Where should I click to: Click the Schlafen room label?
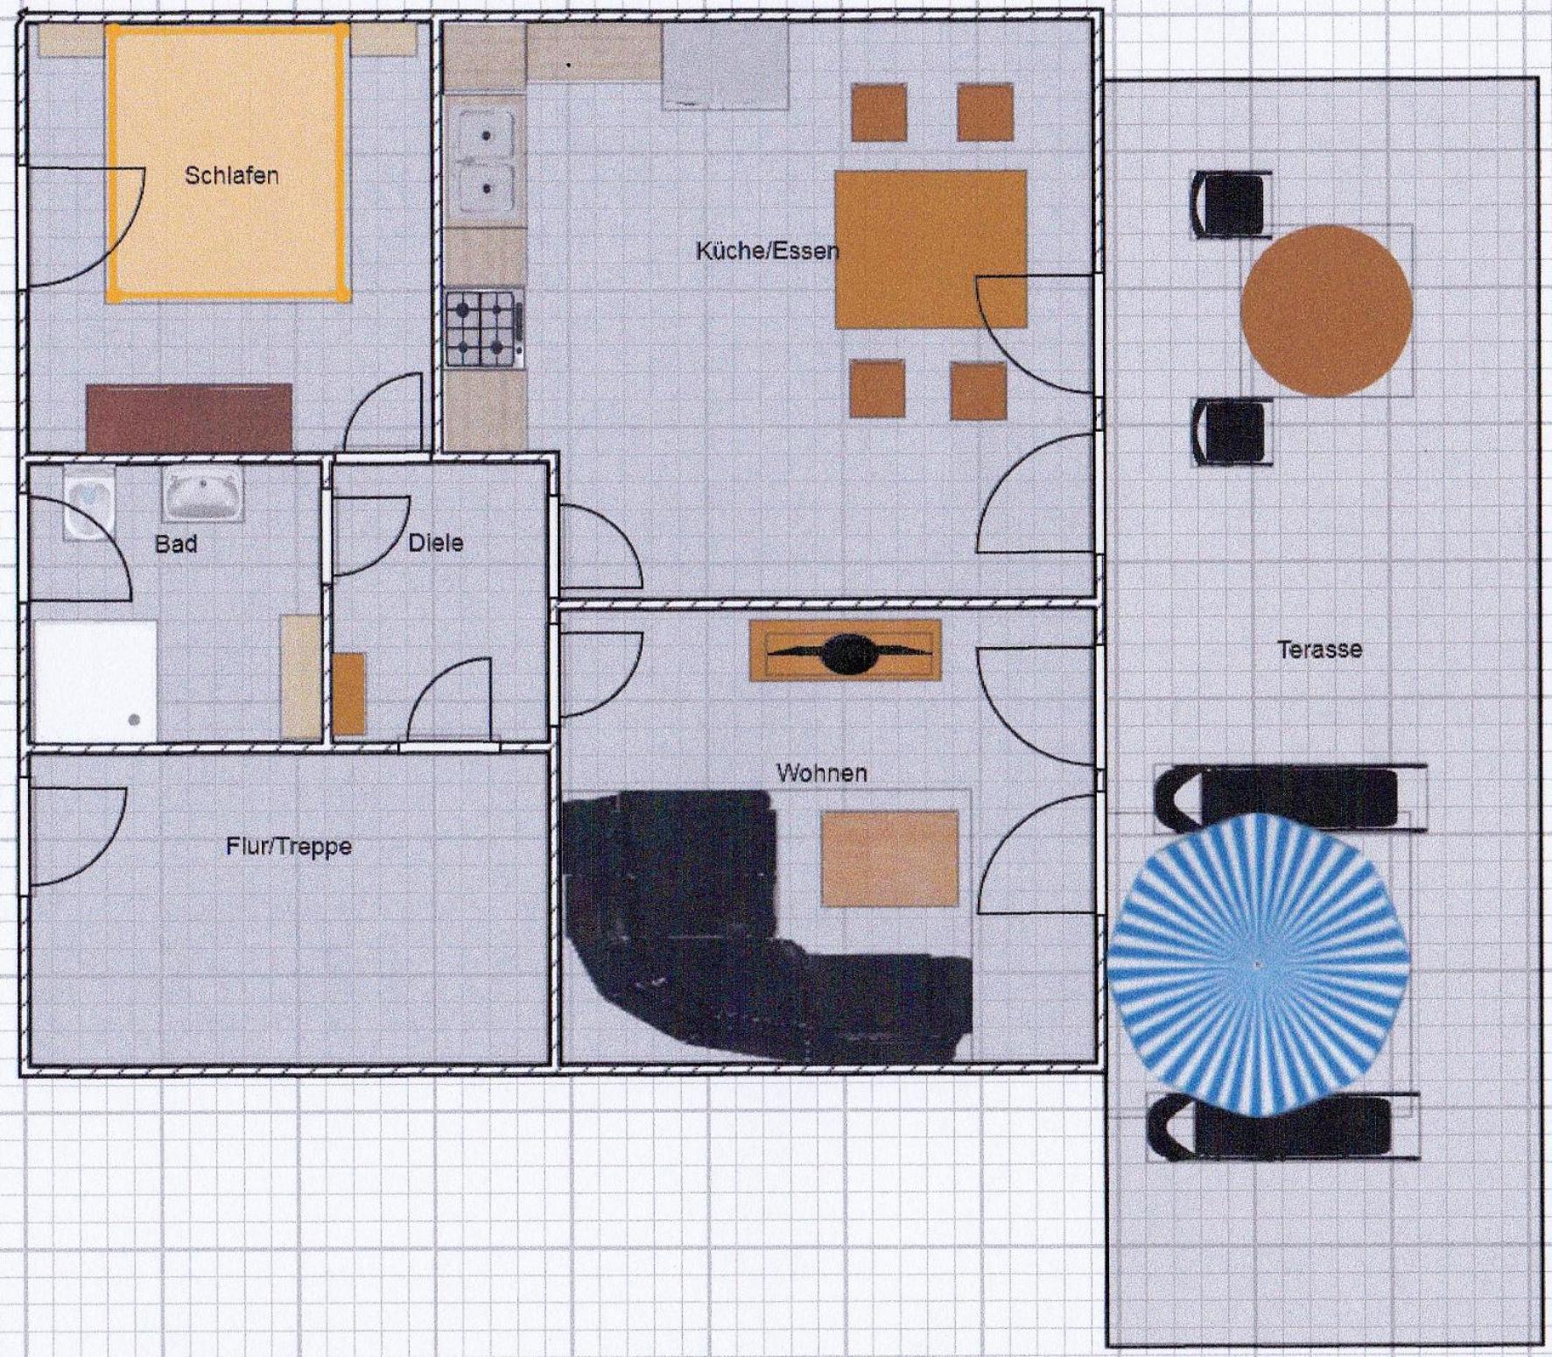click(232, 175)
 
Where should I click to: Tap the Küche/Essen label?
click(768, 251)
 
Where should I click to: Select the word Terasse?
click(1319, 650)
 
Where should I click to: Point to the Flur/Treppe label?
click(289, 847)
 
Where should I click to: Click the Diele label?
click(436, 543)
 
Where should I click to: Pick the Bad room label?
click(176, 544)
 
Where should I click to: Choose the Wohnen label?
click(822, 773)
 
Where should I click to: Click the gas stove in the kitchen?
click(484, 329)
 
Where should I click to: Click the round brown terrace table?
click(1326, 311)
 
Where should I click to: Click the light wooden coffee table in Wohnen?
click(889, 859)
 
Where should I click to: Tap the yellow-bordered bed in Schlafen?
click(228, 163)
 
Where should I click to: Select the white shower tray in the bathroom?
click(95, 681)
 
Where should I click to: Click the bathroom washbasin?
click(202, 492)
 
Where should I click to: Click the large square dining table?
click(930, 249)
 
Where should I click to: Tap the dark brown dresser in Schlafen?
click(189, 418)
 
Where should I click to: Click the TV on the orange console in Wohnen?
click(846, 650)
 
